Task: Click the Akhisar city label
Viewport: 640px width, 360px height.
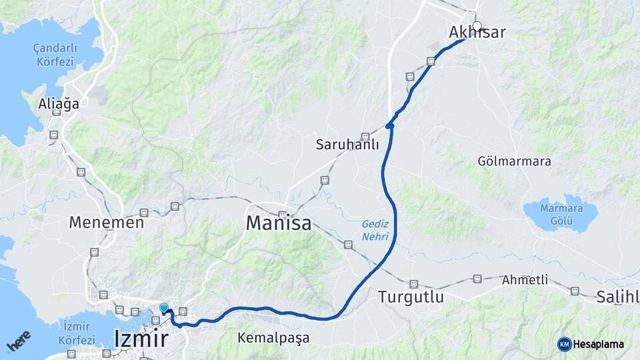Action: [x=477, y=33]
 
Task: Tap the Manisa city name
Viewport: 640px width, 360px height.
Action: [x=279, y=223]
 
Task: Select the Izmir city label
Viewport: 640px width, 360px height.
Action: [x=141, y=338]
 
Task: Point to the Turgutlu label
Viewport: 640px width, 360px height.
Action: [x=411, y=297]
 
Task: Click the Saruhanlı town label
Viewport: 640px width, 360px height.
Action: [x=347, y=145]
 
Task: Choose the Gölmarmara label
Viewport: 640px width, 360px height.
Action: [x=514, y=162]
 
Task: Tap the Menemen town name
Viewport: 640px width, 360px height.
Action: [x=106, y=223]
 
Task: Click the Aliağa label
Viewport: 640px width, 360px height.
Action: [x=59, y=104]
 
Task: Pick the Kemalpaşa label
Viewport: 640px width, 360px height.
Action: [x=273, y=338]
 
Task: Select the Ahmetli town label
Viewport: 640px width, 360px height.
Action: [x=525, y=280]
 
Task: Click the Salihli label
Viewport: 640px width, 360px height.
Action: [x=618, y=297]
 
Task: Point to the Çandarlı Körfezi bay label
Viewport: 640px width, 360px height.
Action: [x=56, y=55]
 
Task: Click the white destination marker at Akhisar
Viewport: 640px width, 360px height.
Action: [x=477, y=27]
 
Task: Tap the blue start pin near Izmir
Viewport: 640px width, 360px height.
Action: [x=164, y=307]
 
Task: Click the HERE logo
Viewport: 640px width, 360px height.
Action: [x=18, y=341]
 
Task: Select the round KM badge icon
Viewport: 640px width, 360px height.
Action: [x=565, y=344]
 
